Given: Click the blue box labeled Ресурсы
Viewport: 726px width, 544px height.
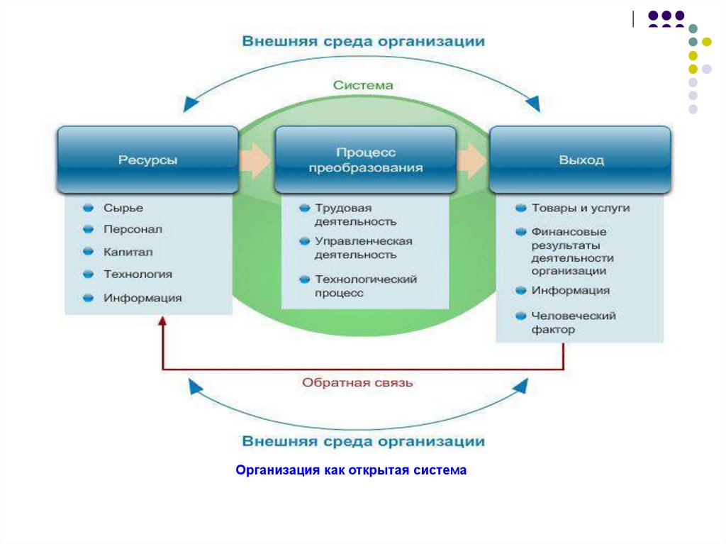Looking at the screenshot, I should pyautogui.click(x=147, y=160).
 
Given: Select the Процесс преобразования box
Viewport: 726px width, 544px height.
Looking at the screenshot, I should pyautogui.click(x=365, y=160).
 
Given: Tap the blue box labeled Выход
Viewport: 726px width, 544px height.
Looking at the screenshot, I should pyautogui.click(x=581, y=160).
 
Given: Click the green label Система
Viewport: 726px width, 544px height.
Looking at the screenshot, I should pyautogui.click(x=363, y=85).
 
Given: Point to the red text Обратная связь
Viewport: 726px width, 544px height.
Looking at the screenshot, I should pyautogui.click(x=357, y=383).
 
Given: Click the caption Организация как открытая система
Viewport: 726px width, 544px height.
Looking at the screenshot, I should pyautogui.click(x=352, y=470).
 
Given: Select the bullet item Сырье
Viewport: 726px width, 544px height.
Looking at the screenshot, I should pyautogui.click(x=123, y=208).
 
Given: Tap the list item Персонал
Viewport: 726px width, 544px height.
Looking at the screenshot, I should pyautogui.click(x=133, y=229).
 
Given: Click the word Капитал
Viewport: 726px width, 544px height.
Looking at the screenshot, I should pyautogui.click(x=128, y=252).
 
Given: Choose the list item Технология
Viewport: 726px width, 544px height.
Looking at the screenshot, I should pyautogui.click(x=138, y=274).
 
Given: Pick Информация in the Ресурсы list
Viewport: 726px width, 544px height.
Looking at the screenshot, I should pyautogui.click(x=143, y=298).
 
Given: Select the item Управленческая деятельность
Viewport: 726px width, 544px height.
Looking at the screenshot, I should pyautogui.click(x=363, y=248).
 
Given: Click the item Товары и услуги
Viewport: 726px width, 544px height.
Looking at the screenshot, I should pyautogui.click(x=580, y=209).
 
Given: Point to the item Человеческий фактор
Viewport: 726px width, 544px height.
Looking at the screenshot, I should pyautogui.click(x=573, y=323).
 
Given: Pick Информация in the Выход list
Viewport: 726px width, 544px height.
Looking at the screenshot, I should pyautogui.click(x=570, y=291).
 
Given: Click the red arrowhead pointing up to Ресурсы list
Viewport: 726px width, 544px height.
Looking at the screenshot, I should pyautogui.click(x=162, y=321).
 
